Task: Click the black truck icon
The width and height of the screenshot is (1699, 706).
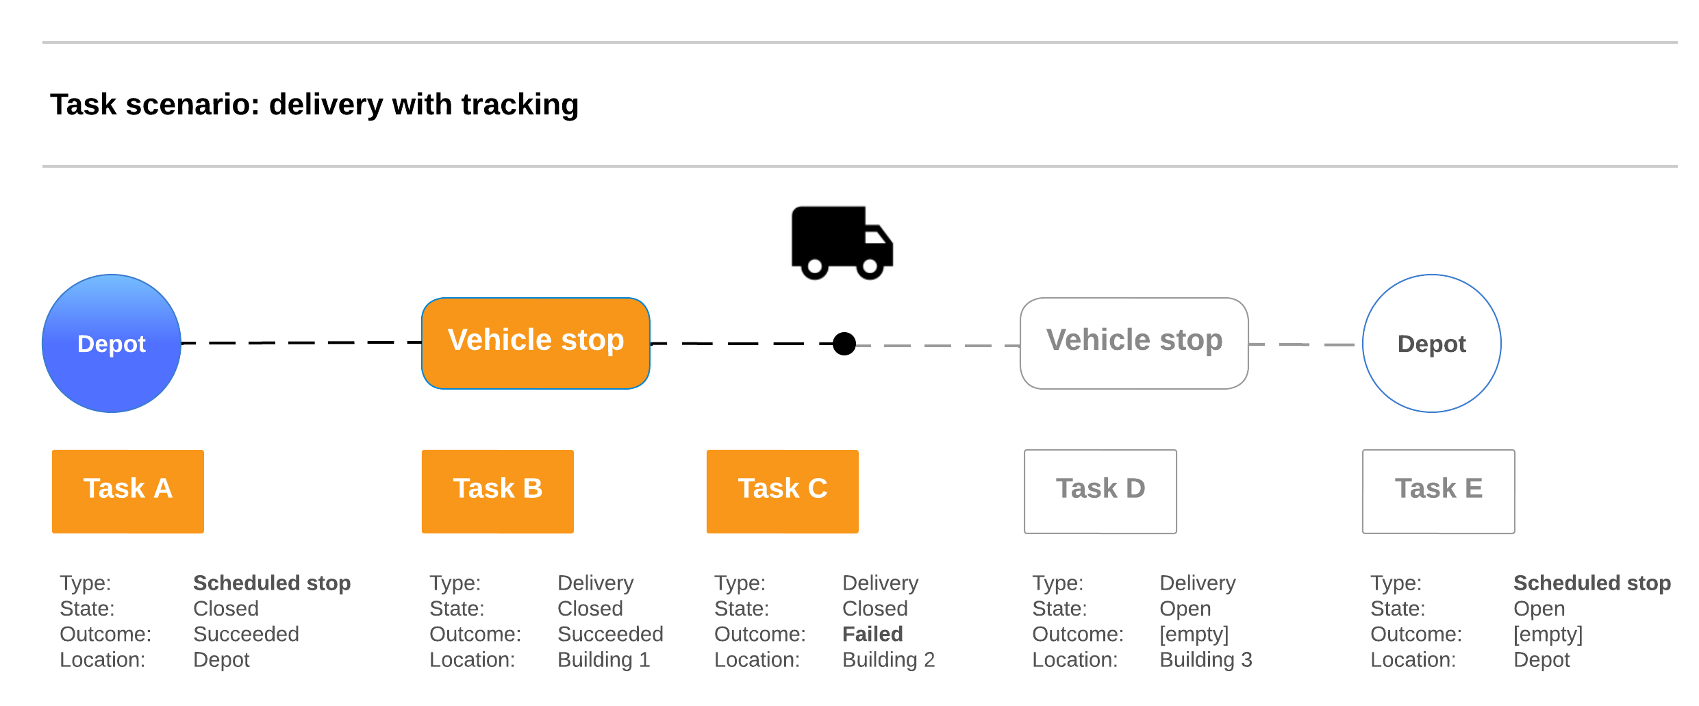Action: [x=841, y=242]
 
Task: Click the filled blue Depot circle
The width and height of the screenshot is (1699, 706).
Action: [x=112, y=344]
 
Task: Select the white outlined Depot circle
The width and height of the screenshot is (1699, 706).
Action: [x=1431, y=344]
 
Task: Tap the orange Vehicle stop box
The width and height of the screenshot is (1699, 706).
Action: [x=536, y=343]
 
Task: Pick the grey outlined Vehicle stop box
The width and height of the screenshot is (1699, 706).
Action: [x=1134, y=343]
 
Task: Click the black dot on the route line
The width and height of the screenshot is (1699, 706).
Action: [x=844, y=344]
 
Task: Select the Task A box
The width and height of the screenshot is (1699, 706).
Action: [x=128, y=491]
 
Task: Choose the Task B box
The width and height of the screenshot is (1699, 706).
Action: [x=498, y=491]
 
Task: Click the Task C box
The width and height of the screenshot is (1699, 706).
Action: [x=783, y=491]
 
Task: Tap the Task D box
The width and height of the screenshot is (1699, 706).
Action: [x=1100, y=491]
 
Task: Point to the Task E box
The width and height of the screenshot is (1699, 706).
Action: [x=1439, y=491]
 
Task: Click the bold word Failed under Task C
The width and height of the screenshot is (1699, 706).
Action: [x=872, y=634]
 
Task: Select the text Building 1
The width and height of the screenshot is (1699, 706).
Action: [x=603, y=659]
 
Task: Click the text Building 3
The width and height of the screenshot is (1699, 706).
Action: [x=1205, y=659]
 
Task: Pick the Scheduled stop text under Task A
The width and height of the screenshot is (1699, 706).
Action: [x=272, y=583]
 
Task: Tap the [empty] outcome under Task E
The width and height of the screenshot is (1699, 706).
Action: [x=1548, y=634]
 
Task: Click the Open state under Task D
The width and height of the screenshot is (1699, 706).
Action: [x=1185, y=608]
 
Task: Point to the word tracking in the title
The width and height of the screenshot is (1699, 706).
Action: [x=520, y=105]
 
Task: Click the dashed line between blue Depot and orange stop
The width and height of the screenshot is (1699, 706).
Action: [x=301, y=342]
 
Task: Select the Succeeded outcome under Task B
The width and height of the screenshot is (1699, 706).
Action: [x=610, y=634]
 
